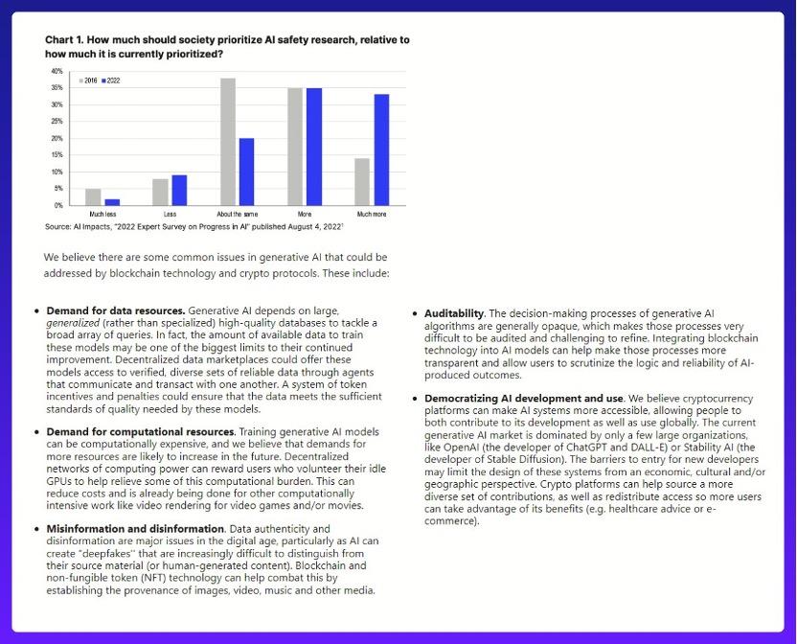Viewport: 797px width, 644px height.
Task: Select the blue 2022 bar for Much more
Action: click(381, 149)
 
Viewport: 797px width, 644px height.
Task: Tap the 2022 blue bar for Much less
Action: click(112, 201)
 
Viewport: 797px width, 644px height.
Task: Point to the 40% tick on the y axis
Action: click(57, 71)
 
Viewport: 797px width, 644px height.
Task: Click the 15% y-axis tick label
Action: click(57, 155)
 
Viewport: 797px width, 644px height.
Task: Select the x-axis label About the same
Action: click(237, 214)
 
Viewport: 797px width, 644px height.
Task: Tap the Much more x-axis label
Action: click(372, 214)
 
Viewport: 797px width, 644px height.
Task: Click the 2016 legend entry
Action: click(89, 80)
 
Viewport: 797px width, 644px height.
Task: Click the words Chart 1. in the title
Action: click(68, 40)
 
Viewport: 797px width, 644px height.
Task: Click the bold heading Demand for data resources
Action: click(116, 311)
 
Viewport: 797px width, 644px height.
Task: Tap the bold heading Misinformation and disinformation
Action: click(133, 528)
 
